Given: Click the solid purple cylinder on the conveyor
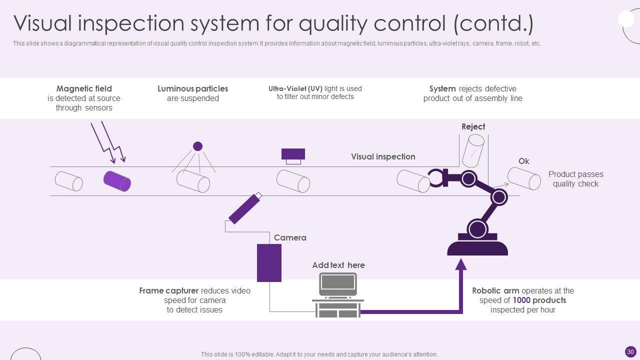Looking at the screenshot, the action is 117,181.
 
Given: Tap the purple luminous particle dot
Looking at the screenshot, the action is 197,146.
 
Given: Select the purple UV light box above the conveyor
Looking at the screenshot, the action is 293,154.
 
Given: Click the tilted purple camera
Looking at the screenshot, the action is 245,208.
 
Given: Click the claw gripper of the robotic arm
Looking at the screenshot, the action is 437,177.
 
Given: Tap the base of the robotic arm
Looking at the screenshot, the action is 477,248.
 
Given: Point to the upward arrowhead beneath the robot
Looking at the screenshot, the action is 461,264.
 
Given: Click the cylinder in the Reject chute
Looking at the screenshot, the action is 473,151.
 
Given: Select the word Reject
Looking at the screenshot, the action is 473,126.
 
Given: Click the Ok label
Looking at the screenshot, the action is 523,161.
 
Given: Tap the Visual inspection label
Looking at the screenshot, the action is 383,156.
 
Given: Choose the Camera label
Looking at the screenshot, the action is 290,237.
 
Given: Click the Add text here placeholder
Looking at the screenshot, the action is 338,265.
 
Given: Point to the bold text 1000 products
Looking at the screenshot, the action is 539,300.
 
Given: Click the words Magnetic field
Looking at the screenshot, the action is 84,88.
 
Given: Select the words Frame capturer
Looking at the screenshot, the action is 168,291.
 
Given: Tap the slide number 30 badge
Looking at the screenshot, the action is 630,351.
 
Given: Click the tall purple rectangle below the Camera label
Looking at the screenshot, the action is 269,263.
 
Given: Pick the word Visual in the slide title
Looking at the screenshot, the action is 42,23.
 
